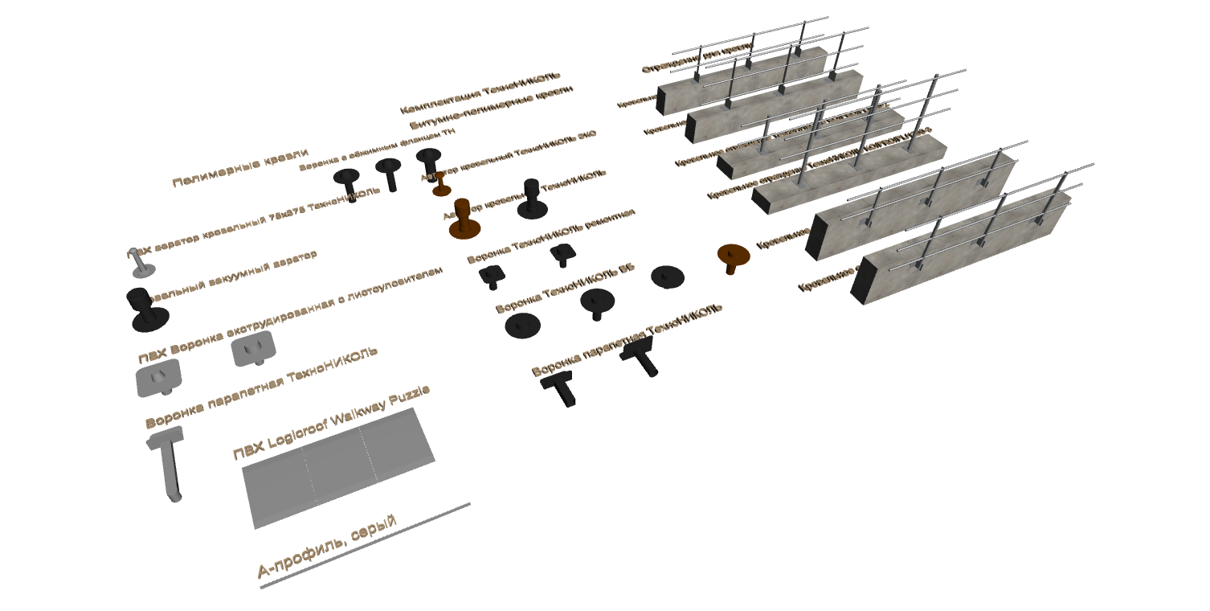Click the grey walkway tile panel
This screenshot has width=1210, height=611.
click(337, 466)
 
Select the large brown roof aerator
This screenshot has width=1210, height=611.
click(464, 219)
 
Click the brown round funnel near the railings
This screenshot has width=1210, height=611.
click(733, 256)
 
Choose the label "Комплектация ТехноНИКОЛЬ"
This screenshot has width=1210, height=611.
click(480, 93)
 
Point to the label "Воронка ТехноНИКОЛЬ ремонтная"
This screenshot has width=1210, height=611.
click(550, 236)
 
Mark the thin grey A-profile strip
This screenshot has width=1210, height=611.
click(366, 547)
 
